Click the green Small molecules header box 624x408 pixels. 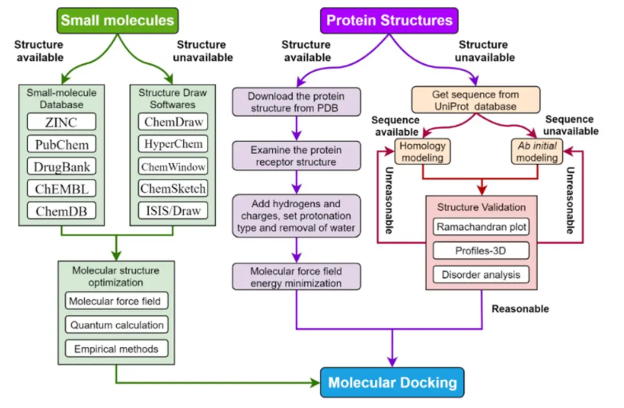(117, 21)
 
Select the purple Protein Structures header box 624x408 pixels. (389, 21)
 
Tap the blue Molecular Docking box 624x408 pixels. (392, 382)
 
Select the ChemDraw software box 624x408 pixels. (173, 121)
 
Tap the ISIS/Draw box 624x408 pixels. (173, 211)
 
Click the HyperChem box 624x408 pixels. (173, 144)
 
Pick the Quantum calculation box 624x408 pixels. (117, 325)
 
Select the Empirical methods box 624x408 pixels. (117, 348)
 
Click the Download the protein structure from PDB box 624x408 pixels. (297, 102)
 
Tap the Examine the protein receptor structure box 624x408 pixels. (297, 156)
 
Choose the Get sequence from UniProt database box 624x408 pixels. (475, 100)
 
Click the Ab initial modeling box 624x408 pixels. (534, 151)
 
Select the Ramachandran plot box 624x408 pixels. (481, 228)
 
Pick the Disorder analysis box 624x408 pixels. (481, 274)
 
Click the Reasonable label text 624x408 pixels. (520, 309)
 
